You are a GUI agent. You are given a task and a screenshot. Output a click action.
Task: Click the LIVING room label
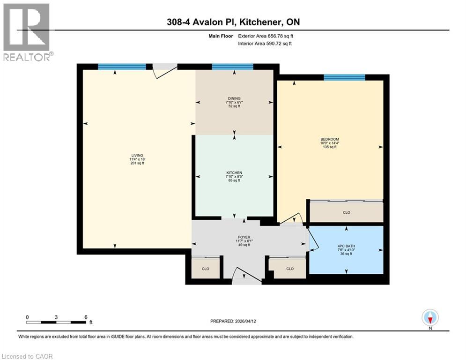click(x=137, y=156)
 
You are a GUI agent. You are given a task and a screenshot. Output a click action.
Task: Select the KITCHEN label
click(x=234, y=173)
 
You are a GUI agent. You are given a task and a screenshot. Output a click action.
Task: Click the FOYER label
click(x=244, y=237)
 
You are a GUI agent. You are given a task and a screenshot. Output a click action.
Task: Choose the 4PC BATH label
click(x=346, y=246)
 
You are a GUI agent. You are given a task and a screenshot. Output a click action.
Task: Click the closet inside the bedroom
click(x=346, y=212)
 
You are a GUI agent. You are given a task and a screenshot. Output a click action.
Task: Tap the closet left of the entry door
click(x=205, y=269)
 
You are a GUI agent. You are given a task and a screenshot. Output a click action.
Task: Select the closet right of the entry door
click(x=289, y=269)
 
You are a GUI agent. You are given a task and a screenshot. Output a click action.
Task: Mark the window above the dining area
click(x=232, y=67)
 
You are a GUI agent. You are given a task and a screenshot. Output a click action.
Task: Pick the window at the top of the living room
click(x=122, y=67)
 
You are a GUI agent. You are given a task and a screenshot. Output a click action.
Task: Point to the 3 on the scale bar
click(x=56, y=317)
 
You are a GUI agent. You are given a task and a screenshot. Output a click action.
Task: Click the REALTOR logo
click(x=27, y=32)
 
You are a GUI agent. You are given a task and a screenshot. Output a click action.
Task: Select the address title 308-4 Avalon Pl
click(x=233, y=22)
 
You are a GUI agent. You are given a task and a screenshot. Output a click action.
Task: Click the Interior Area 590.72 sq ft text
click(x=265, y=44)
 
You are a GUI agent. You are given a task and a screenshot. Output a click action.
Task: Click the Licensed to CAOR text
click(x=27, y=356)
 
